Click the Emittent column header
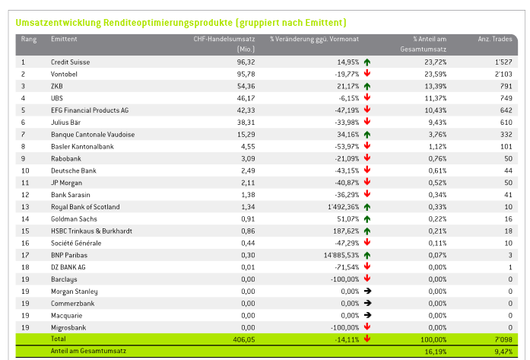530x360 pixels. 64,39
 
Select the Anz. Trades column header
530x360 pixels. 495,39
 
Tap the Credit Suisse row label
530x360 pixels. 70,62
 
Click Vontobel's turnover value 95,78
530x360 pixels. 246,74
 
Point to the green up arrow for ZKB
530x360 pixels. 367,86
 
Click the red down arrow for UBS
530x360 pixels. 367,97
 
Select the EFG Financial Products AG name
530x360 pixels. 90,110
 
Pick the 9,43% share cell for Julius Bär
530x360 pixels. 437,123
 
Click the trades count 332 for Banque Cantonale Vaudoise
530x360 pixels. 506,135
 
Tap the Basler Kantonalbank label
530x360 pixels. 82,146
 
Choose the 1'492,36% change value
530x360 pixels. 344,207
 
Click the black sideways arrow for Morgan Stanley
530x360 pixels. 367,291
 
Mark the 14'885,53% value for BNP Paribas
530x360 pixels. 341,256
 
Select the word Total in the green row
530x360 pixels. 58,339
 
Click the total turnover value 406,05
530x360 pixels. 243,339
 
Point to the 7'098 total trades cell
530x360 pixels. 503,339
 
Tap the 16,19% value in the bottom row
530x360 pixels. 436,352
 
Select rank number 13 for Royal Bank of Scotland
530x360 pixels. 25,207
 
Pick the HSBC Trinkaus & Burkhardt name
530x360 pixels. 91,231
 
